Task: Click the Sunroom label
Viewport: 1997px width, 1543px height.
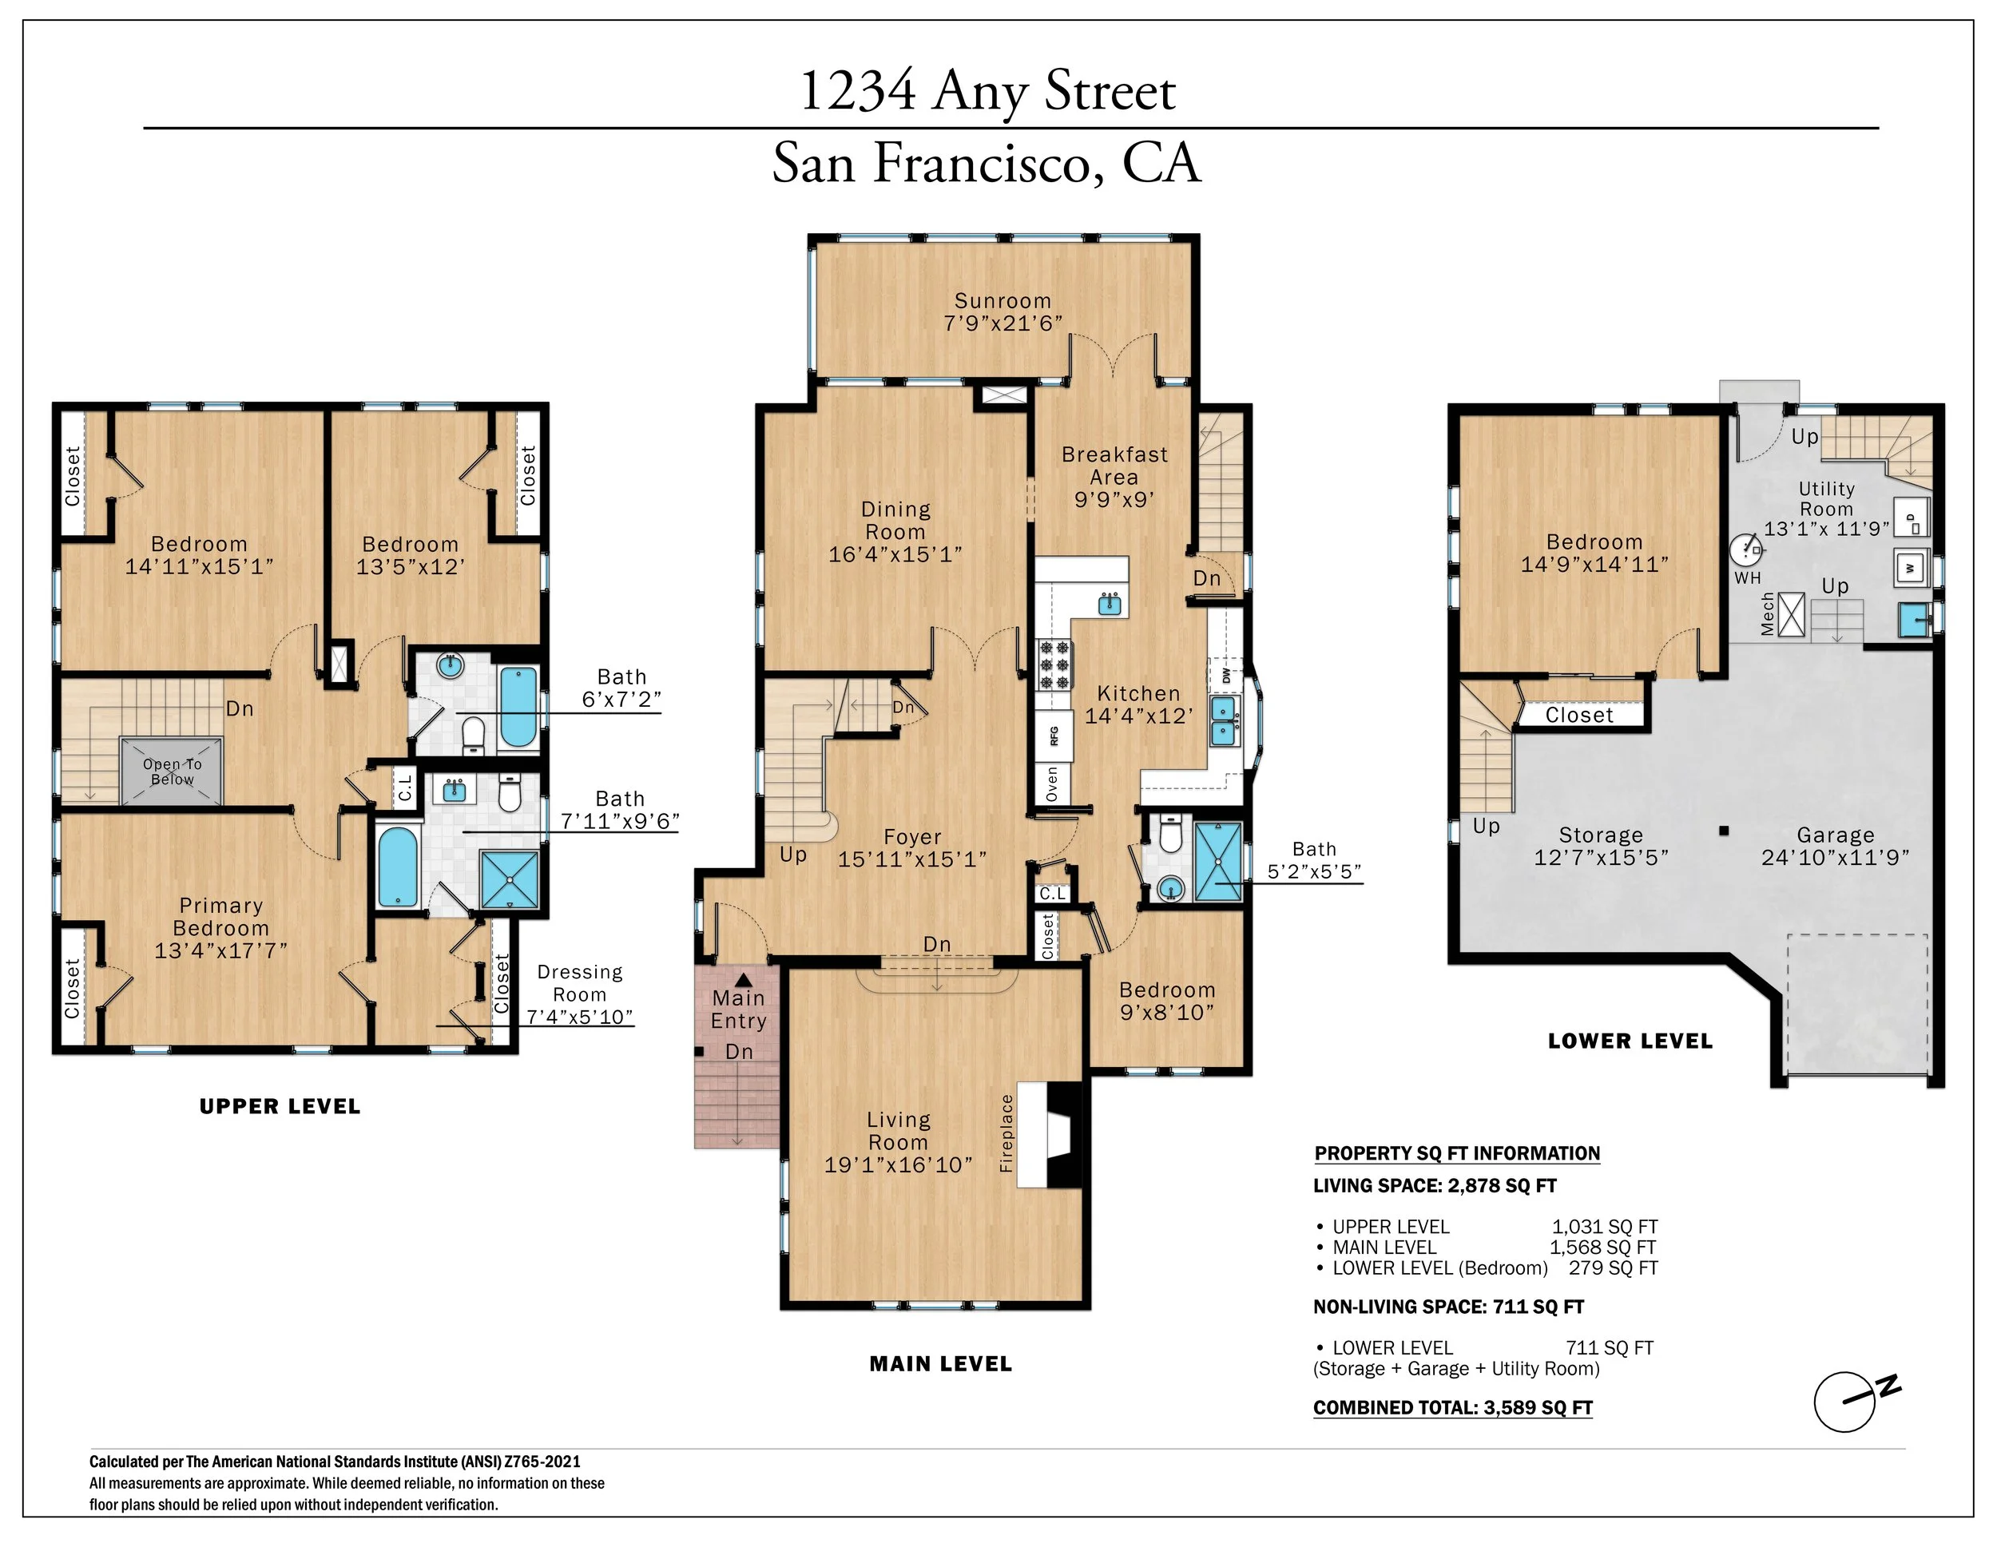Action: click(x=1002, y=301)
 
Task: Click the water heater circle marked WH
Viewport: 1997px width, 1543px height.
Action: click(x=1745, y=551)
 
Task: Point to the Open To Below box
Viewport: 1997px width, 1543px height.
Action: click(x=172, y=771)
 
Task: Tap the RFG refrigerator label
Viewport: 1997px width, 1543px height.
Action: click(x=1054, y=736)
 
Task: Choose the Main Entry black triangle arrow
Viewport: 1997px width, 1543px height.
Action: click(x=744, y=979)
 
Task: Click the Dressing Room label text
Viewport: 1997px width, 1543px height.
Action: click(x=580, y=982)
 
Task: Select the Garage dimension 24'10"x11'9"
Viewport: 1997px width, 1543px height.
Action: click(x=1835, y=858)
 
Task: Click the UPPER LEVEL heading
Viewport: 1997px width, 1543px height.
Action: click(x=280, y=1106)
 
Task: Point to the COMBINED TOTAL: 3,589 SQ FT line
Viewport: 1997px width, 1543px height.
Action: click(x=1453, y=1408)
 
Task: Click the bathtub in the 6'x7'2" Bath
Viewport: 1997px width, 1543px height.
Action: click(x=518, y=707)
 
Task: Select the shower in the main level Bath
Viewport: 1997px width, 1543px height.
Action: click(x=1218, y=862)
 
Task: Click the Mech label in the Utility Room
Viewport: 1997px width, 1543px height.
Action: click(x=1768, y=613)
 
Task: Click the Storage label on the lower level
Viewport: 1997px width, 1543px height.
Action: click(x=1600, y=835)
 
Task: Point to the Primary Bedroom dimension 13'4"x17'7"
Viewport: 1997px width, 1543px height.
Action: click(x=220, y=950)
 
